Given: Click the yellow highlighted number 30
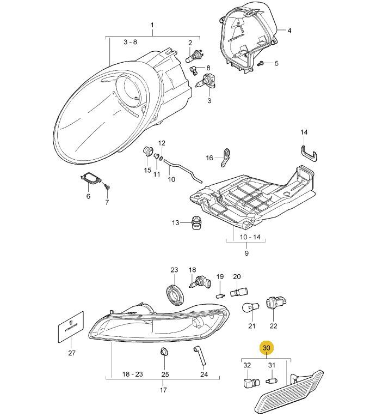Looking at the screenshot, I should point(266,348).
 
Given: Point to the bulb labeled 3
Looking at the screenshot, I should point(208,82).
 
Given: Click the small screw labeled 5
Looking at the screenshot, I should point(261,64).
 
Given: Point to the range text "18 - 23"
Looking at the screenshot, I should point(133,374).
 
